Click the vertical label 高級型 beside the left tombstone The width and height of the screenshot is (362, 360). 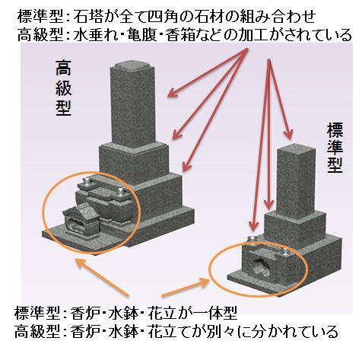pos(63,88)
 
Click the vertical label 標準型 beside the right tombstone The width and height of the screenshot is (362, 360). pos(335,148)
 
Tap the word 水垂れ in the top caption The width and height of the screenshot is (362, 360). pos(97,35)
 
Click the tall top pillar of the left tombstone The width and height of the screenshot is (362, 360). pos(132,105)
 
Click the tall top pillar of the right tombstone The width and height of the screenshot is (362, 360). pos(296,181)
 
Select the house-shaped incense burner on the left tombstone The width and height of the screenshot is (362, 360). pos(81,220)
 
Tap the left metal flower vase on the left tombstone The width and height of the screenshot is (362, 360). pos(87,181)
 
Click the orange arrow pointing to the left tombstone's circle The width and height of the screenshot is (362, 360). pos(103,277)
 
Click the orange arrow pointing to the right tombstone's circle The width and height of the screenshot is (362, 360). pos(186,287)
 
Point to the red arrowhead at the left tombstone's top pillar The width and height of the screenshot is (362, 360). pos(173,93)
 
